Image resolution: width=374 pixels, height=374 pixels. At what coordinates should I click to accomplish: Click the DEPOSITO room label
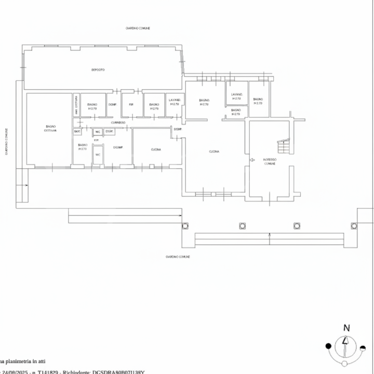pyautogui.click(x=97, y=69)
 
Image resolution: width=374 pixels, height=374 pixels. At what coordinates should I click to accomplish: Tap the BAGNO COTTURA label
pyautogui.click(x=50, y=128)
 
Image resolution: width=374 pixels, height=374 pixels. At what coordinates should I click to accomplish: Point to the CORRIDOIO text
pyautogui.click(x=118, y=122)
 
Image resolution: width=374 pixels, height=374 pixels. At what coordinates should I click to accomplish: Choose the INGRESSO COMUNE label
pyautogui.click(x=270, y=162)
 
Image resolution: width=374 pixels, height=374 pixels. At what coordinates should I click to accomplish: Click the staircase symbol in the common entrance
pyautogui.click(x=284, y=147)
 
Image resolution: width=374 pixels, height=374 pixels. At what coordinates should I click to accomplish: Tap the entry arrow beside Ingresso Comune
pyautogui.click(x=252, y=160)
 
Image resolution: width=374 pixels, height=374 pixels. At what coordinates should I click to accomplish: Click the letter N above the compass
pyautogui.click(x=346, y=328)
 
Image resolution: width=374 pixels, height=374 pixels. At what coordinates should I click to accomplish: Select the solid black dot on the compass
pyautogui.click(x=328, y=346)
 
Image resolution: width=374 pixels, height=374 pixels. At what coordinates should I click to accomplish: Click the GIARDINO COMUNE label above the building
pyautogui.click(x=138, y=28)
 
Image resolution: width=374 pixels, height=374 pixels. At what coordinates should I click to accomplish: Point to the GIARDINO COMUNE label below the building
pyautogui.click(x=178, y=257)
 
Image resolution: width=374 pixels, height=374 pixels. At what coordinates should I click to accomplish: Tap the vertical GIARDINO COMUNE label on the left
pyautogui.click(x=6, y=142)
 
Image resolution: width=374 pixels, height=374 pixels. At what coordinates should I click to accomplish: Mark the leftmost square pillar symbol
pyautogui.click(x=184, y=225)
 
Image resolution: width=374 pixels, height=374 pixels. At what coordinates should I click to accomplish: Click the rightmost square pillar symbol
pyautogui.click(x=354, y=225)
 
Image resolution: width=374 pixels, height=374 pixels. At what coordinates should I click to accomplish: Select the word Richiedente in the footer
pyautogui.click(x=75, y=372)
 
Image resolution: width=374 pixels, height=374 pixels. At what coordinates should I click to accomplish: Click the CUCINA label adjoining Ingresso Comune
pyautogui.click(x=214, y=152)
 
